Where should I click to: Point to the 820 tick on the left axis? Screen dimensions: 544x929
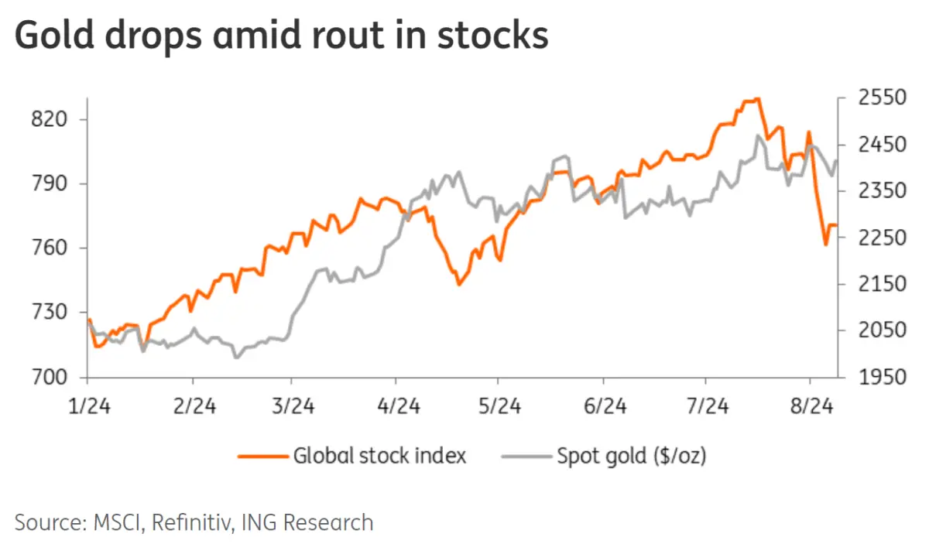tap(51, 119)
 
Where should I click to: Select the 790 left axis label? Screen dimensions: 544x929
tap(51, 184)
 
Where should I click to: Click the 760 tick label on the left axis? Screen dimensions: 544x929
tap(51, 248)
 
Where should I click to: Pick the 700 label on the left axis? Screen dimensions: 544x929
tap(51, 377)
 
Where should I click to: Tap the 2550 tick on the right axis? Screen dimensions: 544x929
tap(881, 98)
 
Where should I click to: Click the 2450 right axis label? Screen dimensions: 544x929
tap(881, 145)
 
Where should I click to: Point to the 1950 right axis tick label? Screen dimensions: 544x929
tap(881, 377)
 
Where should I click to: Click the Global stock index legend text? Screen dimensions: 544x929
tap(379, 456)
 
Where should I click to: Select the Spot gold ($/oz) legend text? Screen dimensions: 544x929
tap(632, 456)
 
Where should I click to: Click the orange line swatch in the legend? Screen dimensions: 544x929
tap(261, 456)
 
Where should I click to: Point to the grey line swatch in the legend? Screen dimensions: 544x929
tap(526, 456)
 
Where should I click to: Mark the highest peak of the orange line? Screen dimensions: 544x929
tap(756, 99)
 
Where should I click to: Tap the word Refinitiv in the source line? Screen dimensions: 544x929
tap(194, 522)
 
